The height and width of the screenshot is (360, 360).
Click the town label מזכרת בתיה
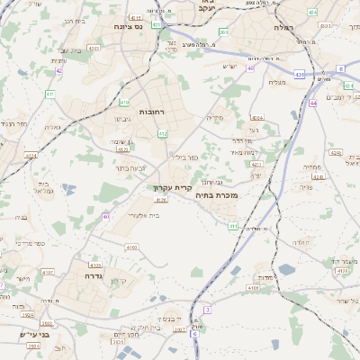(216, 194)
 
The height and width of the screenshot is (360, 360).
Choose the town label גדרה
(90, 266)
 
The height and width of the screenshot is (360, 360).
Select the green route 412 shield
(163, 133)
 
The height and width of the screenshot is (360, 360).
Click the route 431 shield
(299, 74)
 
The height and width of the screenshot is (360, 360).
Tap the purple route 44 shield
(313, 103)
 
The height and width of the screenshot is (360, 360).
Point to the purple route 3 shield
(206, 310)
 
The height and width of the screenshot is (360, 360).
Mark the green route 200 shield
(223, 32)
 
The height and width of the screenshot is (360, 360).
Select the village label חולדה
(301, 242)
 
